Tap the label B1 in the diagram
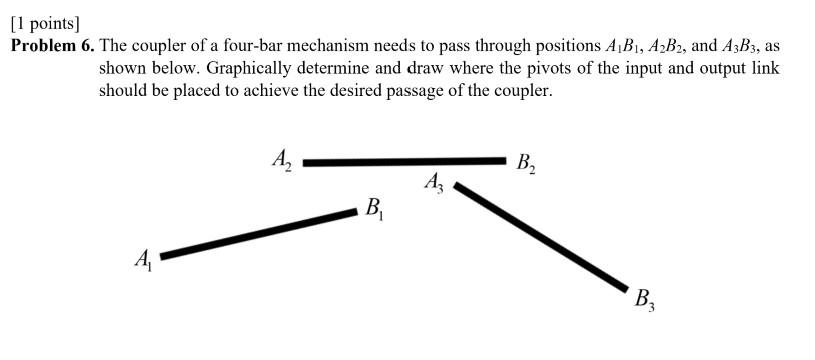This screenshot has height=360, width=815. [x=375, y=209]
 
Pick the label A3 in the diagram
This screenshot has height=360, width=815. [x=435, y=183]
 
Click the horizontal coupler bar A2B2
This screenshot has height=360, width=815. [x=405, y=160]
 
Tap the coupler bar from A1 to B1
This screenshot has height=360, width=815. [x=258, y=233]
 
